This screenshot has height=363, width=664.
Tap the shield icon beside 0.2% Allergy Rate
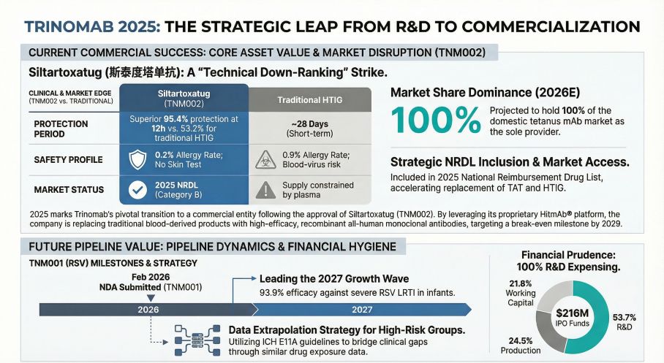[x=137, y=159]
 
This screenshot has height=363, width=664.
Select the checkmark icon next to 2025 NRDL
[x=137, y=190]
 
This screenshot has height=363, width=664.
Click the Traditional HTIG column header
[x=310, y=99]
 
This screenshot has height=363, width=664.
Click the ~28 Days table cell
[x=310, y=129]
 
